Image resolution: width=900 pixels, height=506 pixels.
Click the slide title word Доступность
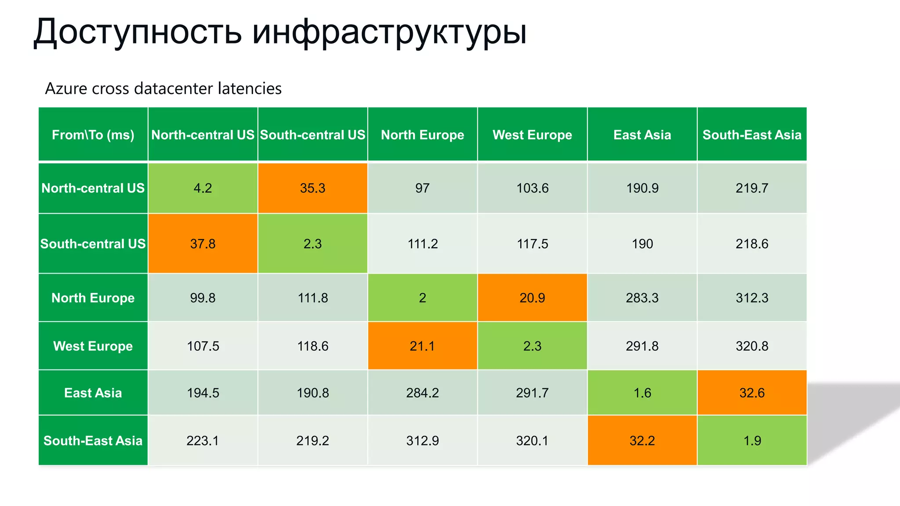pos(138,32)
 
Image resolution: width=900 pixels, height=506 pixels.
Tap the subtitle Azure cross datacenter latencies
pos(163,89)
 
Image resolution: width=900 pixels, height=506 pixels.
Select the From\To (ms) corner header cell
pos(93,134)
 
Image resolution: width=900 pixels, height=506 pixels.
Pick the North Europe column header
pos(422,134)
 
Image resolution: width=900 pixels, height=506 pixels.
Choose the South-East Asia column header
pos(752,134)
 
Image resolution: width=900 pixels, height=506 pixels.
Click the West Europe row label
pos(93,346)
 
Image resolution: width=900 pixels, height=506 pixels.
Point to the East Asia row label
pos(93,393)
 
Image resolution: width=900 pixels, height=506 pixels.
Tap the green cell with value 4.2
pos(203,188)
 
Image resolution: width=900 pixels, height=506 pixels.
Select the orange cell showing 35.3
pos(312,188)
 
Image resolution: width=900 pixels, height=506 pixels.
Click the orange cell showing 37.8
pos(203,244)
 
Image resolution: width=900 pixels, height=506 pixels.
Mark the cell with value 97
pos(422,188)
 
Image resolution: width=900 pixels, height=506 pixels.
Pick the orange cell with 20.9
pos(532,298)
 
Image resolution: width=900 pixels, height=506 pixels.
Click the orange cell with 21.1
pos(422,346)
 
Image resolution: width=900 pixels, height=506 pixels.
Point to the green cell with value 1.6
pos(642,393)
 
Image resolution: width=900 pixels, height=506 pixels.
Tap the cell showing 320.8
pos(752,346)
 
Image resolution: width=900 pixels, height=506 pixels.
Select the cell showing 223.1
pos(203,441)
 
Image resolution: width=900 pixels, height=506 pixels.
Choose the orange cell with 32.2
pos(642,441)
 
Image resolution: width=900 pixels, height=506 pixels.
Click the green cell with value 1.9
pos(752,441)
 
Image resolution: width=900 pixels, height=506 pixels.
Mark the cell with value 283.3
pos(642,298)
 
